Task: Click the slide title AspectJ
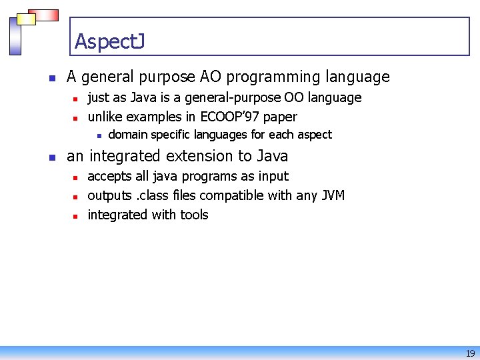click(x=109, y=41)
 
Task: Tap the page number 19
click(x=470, y=353)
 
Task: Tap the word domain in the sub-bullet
click(x=128, y=135)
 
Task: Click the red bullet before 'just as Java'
click(x=76, y=99)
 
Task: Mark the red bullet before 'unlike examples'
click(x=76, y=118)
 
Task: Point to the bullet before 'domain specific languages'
click(x=98, y=136)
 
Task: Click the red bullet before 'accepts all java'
click(x=76, y=177)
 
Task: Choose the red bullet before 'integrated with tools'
click(x=76, y=216)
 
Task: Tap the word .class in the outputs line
click(x=150, y=195)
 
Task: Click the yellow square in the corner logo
click(x=26, y=19)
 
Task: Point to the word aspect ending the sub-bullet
click(x=314, y=135)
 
